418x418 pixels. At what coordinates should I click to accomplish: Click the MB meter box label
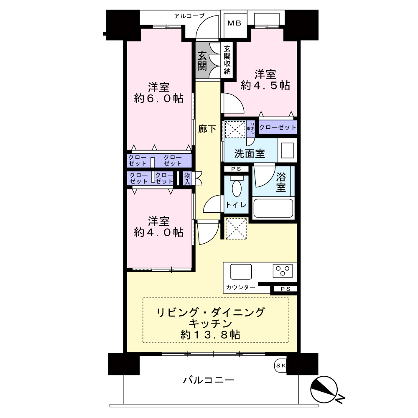[x=234, y=23]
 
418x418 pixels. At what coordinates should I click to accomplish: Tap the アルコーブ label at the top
[x=189, y=16]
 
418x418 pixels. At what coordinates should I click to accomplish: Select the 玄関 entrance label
[x=202, y=61]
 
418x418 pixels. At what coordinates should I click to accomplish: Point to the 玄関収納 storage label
[x=227, y=60]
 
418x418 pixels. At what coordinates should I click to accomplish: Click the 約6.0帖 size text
[x=158, y=99]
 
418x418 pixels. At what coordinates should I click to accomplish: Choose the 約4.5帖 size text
[x=265, y=86]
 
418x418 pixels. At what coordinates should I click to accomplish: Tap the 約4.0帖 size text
[x=158, y=232]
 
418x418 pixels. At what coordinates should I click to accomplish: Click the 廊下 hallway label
[x=207, y=129]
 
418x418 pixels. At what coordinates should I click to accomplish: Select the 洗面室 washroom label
[x=250, y=153]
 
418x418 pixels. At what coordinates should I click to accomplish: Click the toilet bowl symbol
[x=237, y=187]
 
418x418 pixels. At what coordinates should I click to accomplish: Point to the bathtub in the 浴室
[x=273, y=208]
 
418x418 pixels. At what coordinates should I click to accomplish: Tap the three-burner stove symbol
[x=283, y=271]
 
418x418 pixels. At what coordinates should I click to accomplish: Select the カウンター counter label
[x=240, y=287]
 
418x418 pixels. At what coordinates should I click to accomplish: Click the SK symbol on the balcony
[x=280, y=365]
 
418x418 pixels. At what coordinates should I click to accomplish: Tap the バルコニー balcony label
[x=209, y=380]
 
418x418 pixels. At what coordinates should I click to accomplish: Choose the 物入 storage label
[x=187, y=178]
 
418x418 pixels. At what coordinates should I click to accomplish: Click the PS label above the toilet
[x=236, y=169]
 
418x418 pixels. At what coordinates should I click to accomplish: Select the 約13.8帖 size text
[x=210, y=334]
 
